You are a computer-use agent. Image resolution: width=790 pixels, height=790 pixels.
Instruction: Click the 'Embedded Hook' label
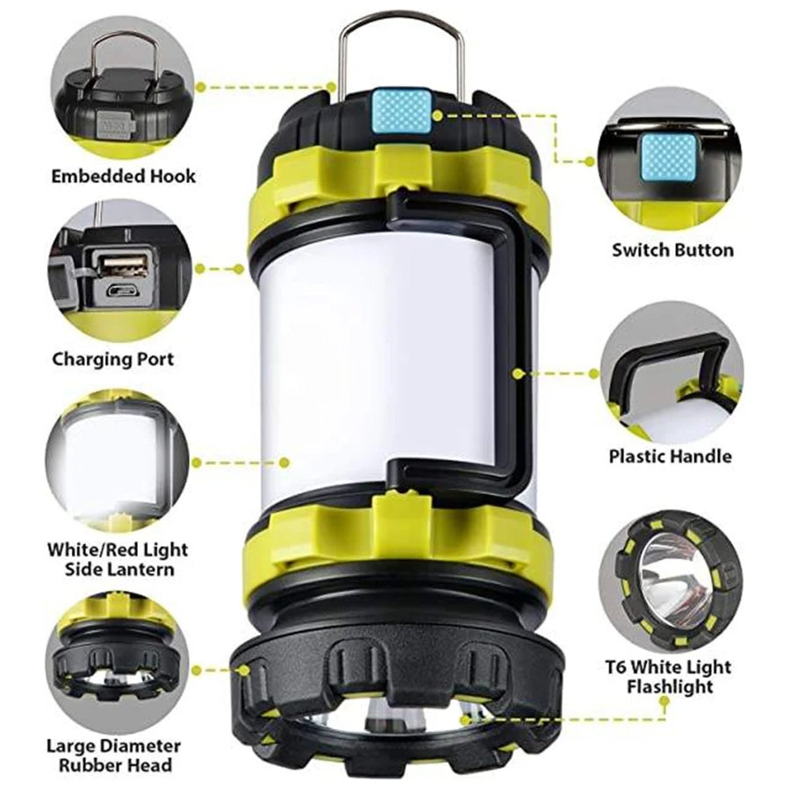[x=124, y=176]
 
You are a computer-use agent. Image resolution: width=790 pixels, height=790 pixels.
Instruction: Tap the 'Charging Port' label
[x=113, y=359]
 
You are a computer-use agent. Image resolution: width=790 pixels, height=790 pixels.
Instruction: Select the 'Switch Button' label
[x=672, y=250]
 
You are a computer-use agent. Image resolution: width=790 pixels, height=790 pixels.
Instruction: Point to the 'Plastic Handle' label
[x=670, y=456]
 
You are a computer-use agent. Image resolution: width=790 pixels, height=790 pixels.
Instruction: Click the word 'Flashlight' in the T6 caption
[x=670, y=686]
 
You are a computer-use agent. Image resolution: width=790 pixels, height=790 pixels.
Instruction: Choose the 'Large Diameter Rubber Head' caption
[x=114, y=755]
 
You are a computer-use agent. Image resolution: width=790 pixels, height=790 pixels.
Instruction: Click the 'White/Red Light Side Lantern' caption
[x=118, y=559]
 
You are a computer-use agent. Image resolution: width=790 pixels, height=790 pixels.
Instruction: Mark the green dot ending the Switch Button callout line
[x=590, y=162]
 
